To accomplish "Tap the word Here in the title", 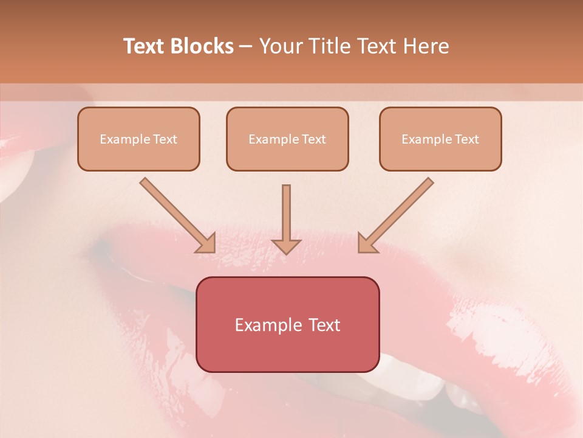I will tap(424, 46).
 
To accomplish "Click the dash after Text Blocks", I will tap(246, 47).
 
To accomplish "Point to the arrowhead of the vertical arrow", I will tap(286, 246).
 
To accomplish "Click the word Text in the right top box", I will tap(466, 139).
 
